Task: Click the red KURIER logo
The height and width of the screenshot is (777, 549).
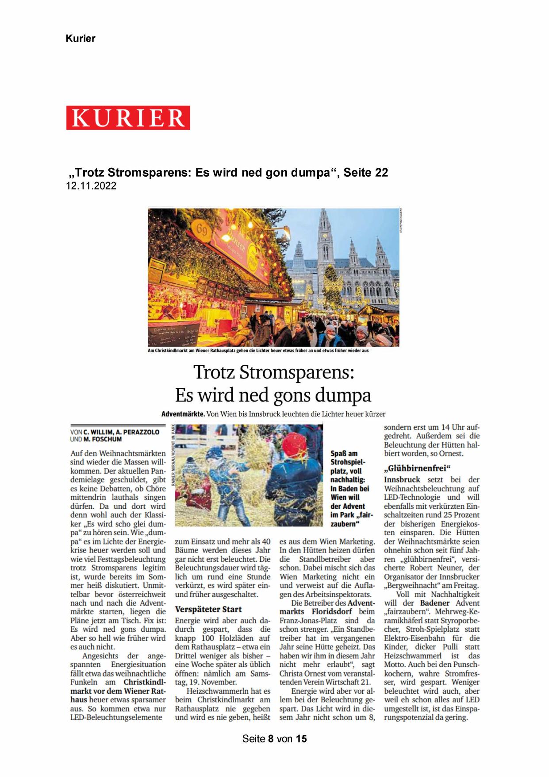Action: click(128, 118)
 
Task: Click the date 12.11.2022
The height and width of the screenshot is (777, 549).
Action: click(91, 186)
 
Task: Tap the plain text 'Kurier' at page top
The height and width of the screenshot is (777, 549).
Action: click(81, 39)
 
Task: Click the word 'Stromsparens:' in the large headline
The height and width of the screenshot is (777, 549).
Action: click(297, 372)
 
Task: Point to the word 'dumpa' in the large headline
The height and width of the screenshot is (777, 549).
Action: click(345, 395)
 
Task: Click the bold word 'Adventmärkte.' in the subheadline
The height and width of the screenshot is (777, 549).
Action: click(183, 414)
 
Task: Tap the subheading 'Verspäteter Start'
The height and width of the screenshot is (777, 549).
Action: click(208, 609)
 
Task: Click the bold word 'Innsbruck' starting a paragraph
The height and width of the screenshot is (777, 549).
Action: click(402, 479)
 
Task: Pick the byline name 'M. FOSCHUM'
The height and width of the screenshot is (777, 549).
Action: click(103, 439)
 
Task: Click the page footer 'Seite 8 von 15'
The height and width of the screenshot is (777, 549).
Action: click(274, 738)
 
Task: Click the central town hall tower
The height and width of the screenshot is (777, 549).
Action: click(325, 248)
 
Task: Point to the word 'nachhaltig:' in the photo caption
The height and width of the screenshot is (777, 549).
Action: click(348, 480)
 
